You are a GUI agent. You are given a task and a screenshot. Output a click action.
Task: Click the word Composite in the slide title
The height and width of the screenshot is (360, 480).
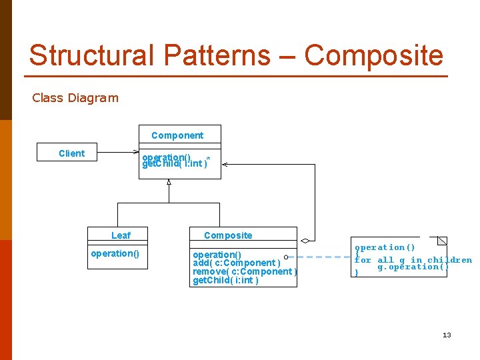coord(373,55)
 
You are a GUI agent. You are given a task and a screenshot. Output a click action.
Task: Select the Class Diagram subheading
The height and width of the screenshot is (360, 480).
coord(75,98)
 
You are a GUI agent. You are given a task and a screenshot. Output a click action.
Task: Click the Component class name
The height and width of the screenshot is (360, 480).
coord(177,135)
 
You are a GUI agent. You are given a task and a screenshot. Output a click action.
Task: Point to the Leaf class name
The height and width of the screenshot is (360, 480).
coord(121,235)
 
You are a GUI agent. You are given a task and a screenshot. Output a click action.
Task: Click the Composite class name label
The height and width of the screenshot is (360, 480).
coord(228,235)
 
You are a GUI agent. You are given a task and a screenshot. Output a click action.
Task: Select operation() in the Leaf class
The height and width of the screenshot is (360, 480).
coord(115,253)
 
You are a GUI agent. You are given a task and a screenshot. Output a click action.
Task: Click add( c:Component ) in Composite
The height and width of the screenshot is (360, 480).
coord(237,263)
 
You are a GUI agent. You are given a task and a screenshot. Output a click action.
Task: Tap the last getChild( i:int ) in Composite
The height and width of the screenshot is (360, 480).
coord(225,280)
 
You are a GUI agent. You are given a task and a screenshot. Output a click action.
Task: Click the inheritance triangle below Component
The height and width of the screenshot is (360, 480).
coord(169,181)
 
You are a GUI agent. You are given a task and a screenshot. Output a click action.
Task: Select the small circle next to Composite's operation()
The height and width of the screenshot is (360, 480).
coord(285,257)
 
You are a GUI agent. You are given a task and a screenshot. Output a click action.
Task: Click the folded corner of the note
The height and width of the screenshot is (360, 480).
coord(442,241)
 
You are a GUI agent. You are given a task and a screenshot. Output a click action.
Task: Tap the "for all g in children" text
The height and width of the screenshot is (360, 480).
coord(413,260)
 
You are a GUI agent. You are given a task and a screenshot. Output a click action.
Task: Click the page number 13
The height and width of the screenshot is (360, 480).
coord(447,335)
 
